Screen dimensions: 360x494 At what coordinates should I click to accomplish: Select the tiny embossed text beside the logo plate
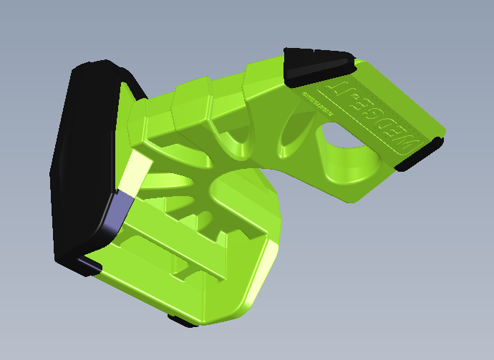pyautogui.click(x=315, y=104)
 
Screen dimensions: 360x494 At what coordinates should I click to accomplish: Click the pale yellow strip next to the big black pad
pyautogui.click(x=136, y=171)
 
